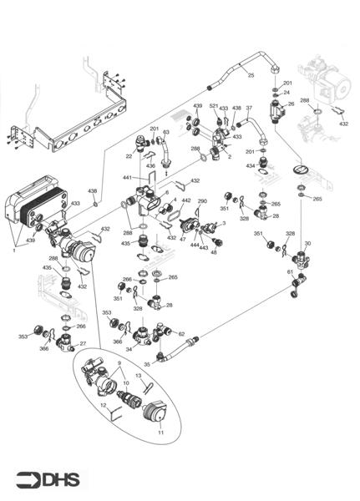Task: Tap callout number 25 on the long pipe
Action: [250, 75]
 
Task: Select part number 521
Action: [214, 108]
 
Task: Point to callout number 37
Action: [248, 108]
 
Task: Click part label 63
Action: [166, 132]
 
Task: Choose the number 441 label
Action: [127, 178]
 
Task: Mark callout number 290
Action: [202, 201]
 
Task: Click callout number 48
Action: [214, 252]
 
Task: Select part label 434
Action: [251, 167]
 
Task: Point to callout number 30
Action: [307, 243]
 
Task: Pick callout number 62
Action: [181, 333]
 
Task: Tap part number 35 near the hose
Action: [146, 364]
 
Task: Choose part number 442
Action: [185, 201]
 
